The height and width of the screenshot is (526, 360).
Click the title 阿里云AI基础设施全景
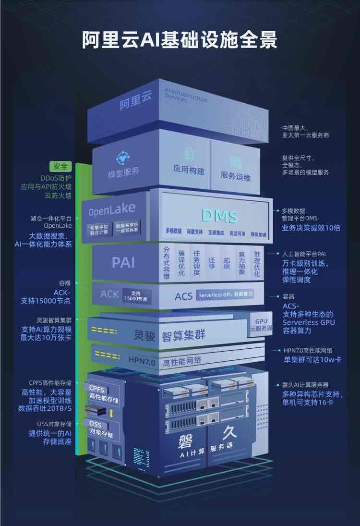pyautogui.click(x=180, y=40)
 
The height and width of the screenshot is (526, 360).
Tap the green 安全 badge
pyautogui.click(x=60, y=167)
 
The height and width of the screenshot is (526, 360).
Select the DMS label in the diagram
pyautogui.click(x=219, y=216)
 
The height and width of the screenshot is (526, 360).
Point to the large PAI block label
pyautogui.click(x=123, y=262)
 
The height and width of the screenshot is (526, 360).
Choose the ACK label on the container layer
pyautogui.click(x=109, y=294)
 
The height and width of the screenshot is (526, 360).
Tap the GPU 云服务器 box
pyautogui.click(x=261, y=325)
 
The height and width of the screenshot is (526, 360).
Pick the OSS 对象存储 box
pyautogui.click(x=101, y=427)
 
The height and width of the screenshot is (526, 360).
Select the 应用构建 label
pyautogui.click(x=189, y=170)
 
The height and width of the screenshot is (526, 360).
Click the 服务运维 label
pyautogui.click(x=235, y=176)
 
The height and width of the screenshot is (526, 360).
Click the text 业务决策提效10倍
pyautogui.click(x=311, y=228)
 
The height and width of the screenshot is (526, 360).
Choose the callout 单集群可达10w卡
pyautogui.click(x=312, y=359)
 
